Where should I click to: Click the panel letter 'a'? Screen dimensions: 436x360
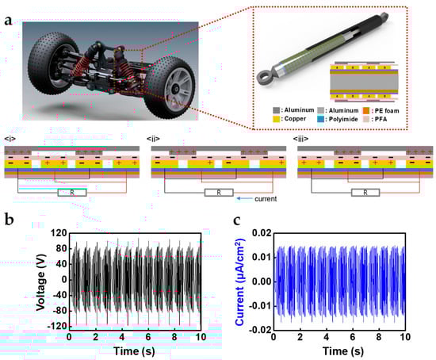tap(8, 21)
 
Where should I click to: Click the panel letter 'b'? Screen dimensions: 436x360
tap(10, 220)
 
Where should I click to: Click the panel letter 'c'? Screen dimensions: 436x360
tap(237, 220)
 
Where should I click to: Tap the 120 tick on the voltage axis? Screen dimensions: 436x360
tap(59, 233)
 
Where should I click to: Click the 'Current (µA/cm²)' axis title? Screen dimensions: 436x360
tap(240, 281)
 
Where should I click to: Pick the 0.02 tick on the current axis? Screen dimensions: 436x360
tap(262, 232)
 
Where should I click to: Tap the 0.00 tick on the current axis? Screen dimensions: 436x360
tap(262, 281)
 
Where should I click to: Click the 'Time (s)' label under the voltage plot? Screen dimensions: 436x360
tap(134, 351)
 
